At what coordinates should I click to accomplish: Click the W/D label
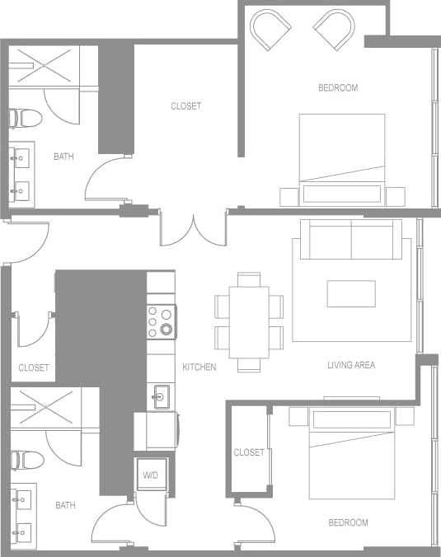[x=151, y=475]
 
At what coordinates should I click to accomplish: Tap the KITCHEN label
[x=199, y=367]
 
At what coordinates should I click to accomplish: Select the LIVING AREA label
[x=351, y=364]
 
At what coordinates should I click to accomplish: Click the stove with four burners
[x=161, y=321]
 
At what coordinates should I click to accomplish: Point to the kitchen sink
[x=161, y=397]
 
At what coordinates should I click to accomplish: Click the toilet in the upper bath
[x=24, y=118]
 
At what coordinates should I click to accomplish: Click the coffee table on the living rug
[x=351, y=293]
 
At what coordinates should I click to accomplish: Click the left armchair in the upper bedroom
[x=270, y=30]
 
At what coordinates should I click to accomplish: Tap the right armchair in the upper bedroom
[x=334, y=30]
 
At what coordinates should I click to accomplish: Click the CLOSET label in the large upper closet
[x=185, y=106]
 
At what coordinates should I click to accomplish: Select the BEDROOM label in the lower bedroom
[x=348, y=522]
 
